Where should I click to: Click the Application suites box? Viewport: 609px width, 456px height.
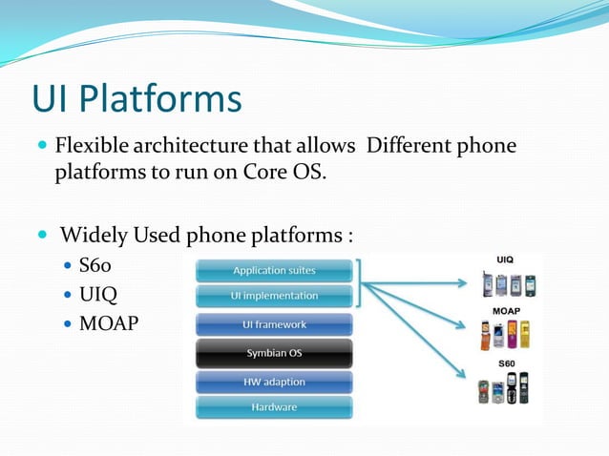click(x=274, y=271)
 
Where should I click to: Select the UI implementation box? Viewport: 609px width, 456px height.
click(x=274, y=296)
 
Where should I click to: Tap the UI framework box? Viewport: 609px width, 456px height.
click(x=274, y=325)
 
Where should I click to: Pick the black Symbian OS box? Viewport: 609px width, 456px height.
click(x=274, y=353)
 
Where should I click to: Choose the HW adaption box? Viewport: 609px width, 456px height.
click(x=274, y=382)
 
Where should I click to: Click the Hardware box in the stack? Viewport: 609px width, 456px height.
click(x=274, y=407)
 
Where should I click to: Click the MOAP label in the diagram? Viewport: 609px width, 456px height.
click(x=506, y=312)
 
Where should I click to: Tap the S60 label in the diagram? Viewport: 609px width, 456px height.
click(x=506, y=363)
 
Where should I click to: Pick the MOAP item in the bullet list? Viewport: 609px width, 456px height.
click(x=108, y=323)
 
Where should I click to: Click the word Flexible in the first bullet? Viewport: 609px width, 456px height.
click(x=94, y=147)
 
